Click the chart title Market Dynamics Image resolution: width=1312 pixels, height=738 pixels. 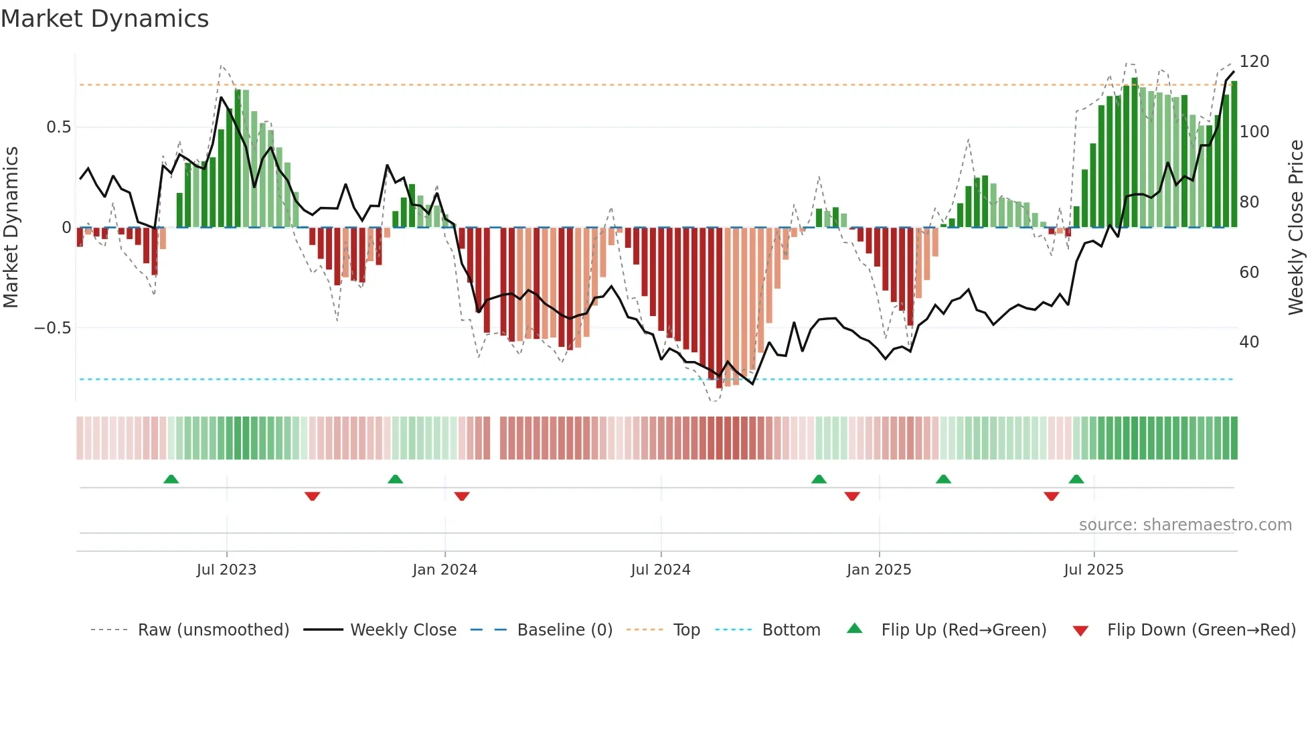pyautogui.click(x=105, y=19)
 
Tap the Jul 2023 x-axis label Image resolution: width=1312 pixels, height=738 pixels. pyautogui.click(x=226, y=570)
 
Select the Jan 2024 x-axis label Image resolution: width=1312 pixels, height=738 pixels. pyautogui.click(x=444, y=570)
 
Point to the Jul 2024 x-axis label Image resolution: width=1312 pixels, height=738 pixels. pyautogui.click(x=660, y=570)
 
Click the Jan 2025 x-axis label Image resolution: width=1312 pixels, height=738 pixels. pyautogui.click(x=878, y=570)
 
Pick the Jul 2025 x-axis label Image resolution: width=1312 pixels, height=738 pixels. pyautogui.click(x=1093, y=570)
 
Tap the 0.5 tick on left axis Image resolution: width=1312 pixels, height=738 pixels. pyautogui.click(x=58, y=127)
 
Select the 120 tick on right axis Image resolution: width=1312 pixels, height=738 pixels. pyautogui.click(x=1254, y=62)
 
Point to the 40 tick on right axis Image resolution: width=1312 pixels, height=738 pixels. pyautogui.click(x=1248, y=342)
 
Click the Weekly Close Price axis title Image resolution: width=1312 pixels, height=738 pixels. pyautogui.click(x=1296, y=228)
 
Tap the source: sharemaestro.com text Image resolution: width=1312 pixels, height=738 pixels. pyautogui.click(x=1185, y=525)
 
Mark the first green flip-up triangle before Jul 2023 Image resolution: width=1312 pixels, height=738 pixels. pyautogui.click(x=171, y=479)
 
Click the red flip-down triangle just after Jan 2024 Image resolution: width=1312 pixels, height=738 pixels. pyautogui.click(x=462, y=496)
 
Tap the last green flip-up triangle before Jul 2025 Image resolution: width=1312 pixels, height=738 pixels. pyautogui.click(x=1076, y=479)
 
